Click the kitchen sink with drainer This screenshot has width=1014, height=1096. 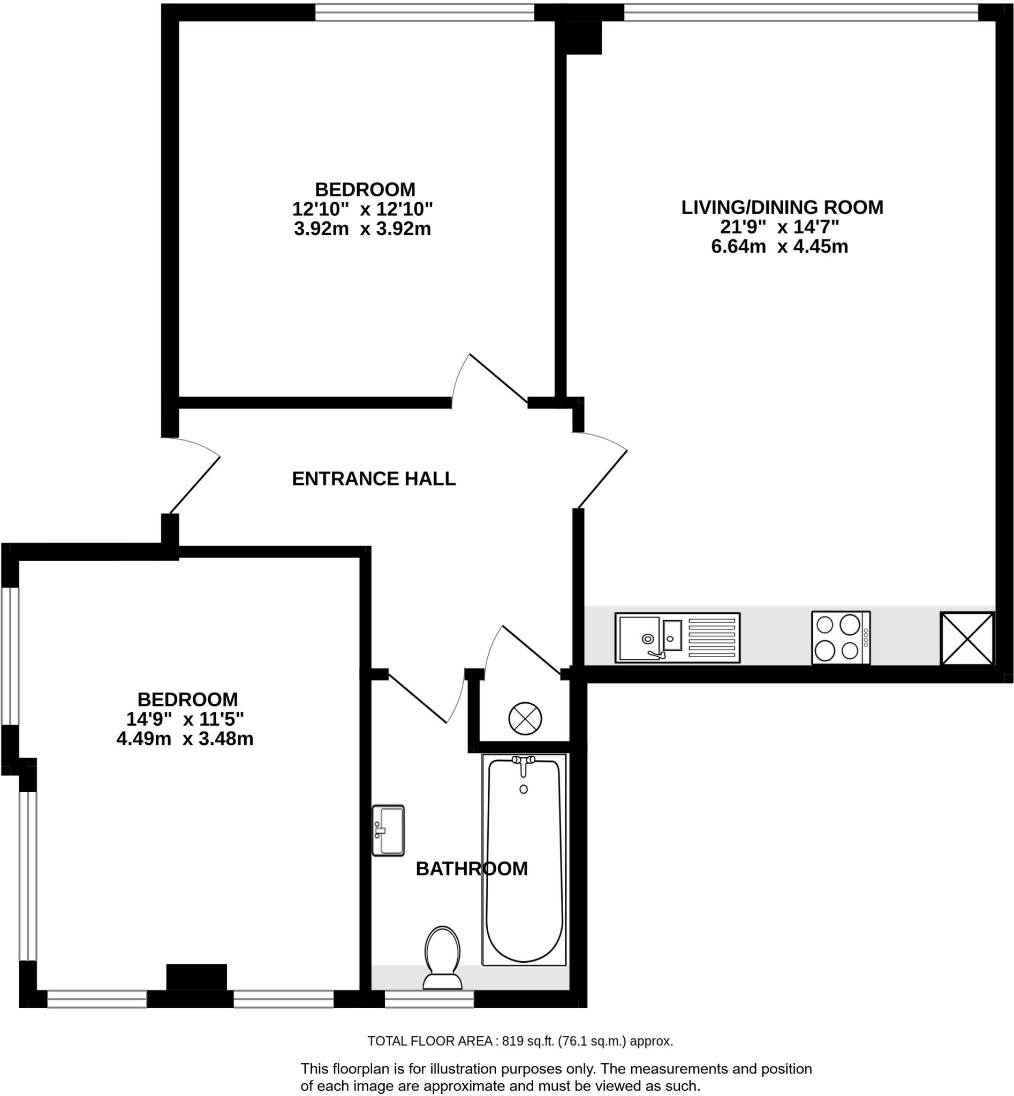point(677,637)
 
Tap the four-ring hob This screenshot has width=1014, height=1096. point(841,637)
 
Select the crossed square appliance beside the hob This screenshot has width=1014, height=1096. point(967,638)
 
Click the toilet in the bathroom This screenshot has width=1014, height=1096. point(442,957)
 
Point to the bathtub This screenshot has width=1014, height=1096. point(524,859)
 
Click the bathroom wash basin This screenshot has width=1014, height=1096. point(388,830)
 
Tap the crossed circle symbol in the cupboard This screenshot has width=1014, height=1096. point(525,718)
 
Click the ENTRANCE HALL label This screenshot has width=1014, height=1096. point(374,479)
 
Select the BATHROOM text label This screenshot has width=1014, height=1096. point(471,869)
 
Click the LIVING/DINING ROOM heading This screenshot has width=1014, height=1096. point(782,207)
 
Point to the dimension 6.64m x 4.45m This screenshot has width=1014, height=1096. point(779,247)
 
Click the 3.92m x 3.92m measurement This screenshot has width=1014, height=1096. point(362,229)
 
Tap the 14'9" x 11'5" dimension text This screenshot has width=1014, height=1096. point(185,719)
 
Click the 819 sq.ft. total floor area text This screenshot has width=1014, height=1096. point(520,1040)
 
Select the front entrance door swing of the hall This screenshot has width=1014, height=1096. point(192,476)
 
